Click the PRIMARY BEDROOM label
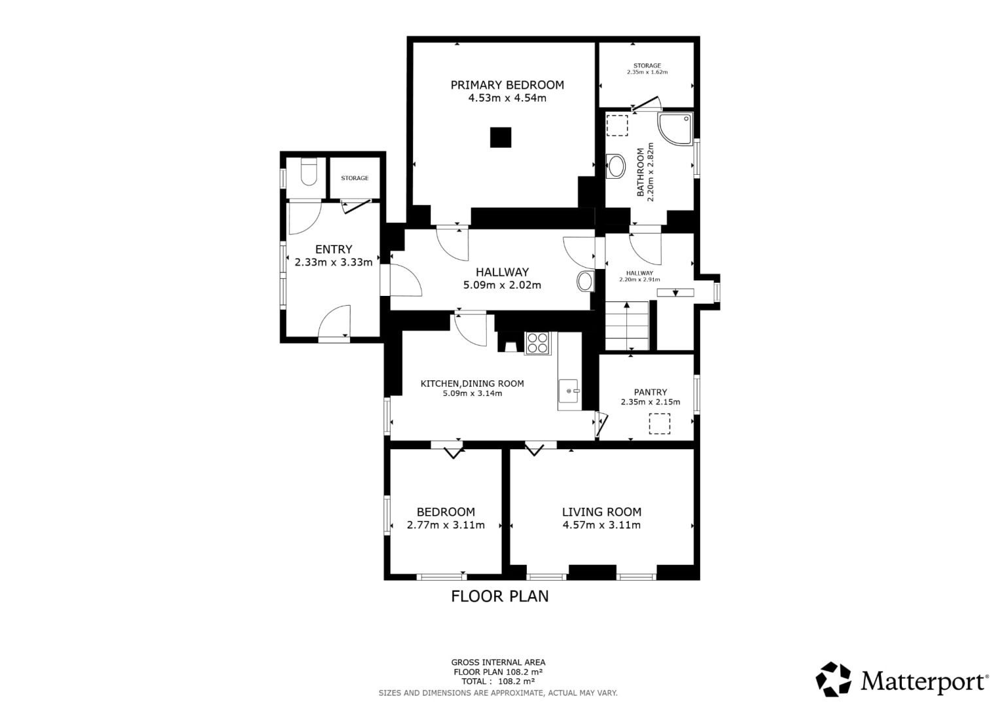tap(507, 85)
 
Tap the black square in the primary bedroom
tap(501, 137)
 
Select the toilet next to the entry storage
tap(309, 172)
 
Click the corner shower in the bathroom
tap(675, 128)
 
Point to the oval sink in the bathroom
tap(616, 166)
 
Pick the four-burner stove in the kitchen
tap(537, 343)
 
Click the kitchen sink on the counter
tap(569, 391)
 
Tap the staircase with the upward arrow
tap(627, 325)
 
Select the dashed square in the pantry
tap(660, 424)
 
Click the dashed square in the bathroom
tap(617, 126)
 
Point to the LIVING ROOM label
tap(601, 512)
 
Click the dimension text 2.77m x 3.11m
tap(446, 525)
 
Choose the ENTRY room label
tap(334, 249)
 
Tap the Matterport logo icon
tap(833, 679)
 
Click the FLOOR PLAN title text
tap(499, 596)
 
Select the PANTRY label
tap(651, 392)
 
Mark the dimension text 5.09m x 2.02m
tap(502, 285)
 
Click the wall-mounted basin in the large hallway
tap(586, 281)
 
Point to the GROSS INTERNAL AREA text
tap(498, 662)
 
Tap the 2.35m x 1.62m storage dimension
tap(647, 72)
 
